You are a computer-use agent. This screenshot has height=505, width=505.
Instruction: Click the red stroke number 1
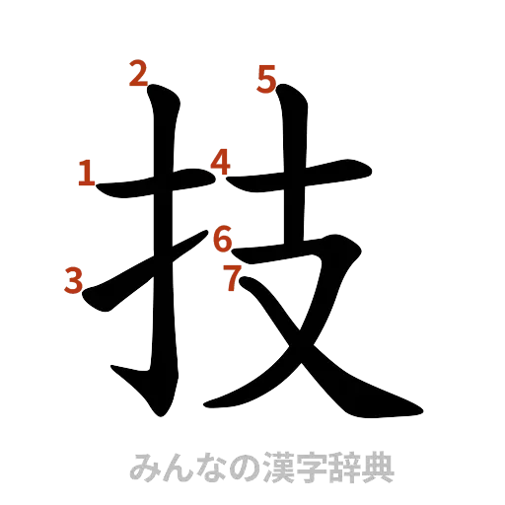point(87,176)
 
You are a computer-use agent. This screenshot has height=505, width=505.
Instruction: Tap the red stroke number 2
point(138,72)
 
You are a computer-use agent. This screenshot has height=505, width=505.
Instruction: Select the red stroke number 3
point(72,281)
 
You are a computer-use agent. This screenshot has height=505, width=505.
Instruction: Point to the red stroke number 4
point(220,161)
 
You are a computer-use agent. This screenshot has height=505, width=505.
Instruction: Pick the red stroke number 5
point(265,78)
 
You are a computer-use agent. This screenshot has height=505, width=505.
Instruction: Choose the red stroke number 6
point(223,238)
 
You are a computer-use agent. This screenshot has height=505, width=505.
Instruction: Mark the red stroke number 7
point(232,278)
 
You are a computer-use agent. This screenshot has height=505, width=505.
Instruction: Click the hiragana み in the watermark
point(144,467)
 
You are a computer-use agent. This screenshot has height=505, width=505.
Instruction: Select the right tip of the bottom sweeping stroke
point(421,409)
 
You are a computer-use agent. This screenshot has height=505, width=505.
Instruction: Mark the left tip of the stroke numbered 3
point(89,301)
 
